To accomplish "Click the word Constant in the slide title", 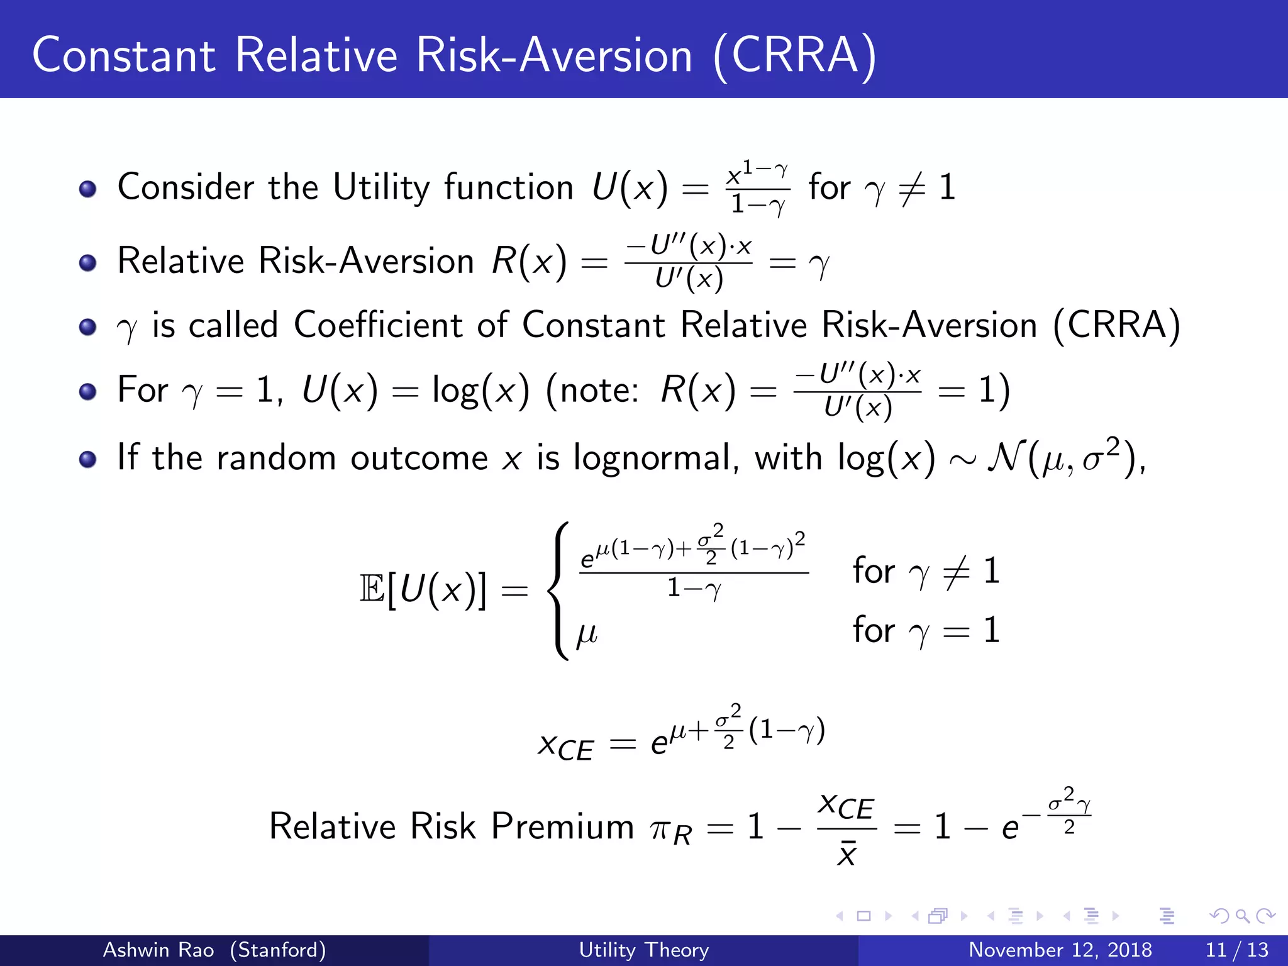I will click(123, 55).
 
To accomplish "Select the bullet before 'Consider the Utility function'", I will click(87, 189).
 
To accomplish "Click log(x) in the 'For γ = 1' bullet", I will click(480, 391).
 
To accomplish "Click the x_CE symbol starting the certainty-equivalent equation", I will click(565, 746).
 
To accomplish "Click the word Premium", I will click(562, 826).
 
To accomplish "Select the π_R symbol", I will click(671, 830).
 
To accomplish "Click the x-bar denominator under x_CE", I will click(847, 855).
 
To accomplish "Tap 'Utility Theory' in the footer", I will click(643, 950).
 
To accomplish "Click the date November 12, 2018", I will click(1060, 950).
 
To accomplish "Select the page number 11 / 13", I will click(1236, 950).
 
